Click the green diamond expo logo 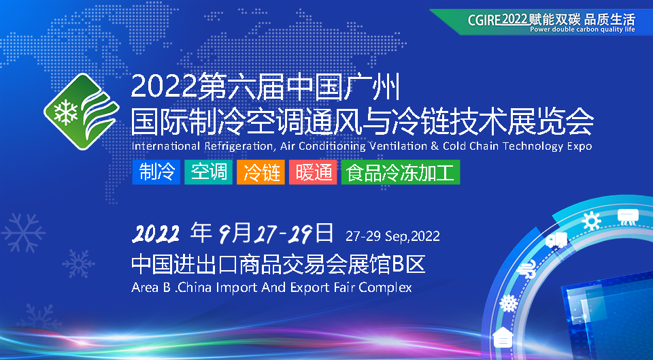point(82,112)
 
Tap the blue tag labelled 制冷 point(156,172)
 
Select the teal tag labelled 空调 point(209,172)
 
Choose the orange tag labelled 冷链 point(261,172)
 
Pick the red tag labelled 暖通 point(313,172)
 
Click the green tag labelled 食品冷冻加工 point(401,172)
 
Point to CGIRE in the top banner point(484,20)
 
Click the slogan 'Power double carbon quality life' point(583,29)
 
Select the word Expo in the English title point(580,146)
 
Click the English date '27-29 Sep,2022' point(392,236)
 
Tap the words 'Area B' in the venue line point(151,287)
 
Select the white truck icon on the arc point(557,240)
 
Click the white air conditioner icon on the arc point(627,216)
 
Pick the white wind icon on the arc point(526,269)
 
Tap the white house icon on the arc point(503,338)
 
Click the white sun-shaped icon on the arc point(592,221)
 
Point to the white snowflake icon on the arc point(508,303)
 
